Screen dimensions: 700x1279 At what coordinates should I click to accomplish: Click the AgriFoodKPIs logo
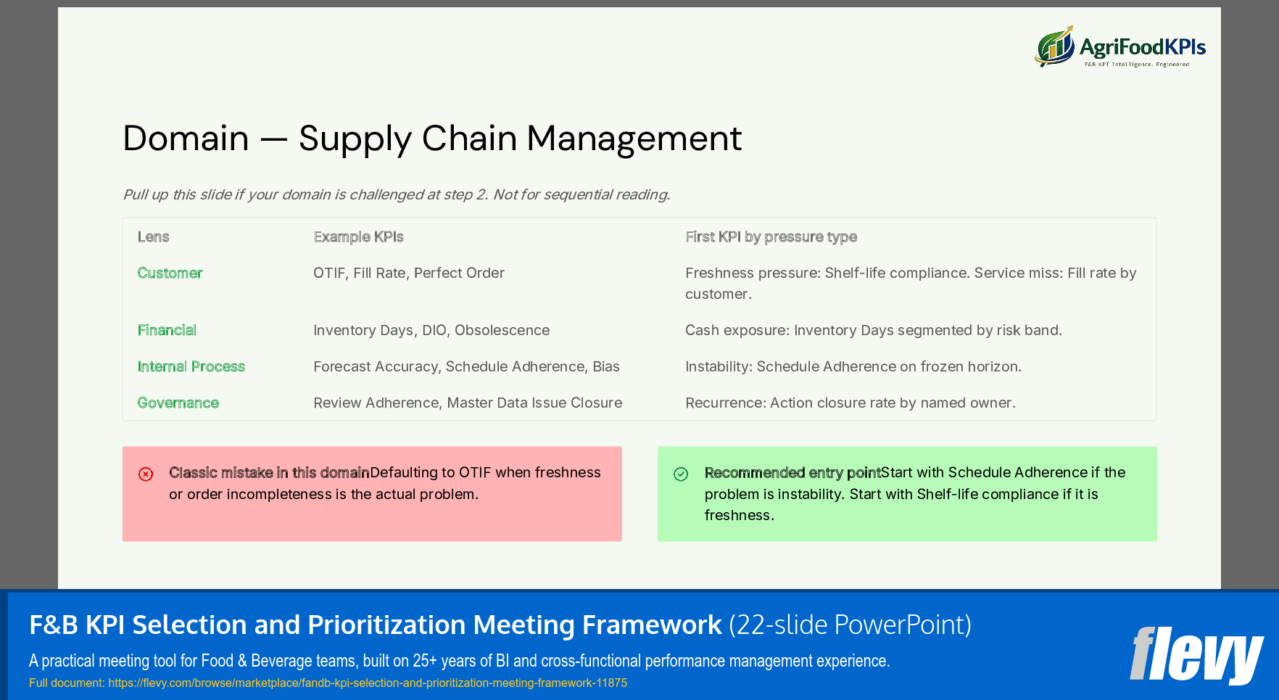point(1119,47)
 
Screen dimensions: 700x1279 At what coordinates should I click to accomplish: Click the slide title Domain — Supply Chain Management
point(432,138)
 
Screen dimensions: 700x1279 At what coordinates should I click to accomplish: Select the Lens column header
point(153,236)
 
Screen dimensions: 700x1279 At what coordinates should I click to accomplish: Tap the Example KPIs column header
point(358,236)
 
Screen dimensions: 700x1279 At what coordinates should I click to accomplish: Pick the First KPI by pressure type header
point(771,236)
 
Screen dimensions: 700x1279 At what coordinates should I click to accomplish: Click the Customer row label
point(170,273)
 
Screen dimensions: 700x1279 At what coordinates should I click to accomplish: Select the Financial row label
point(167,330)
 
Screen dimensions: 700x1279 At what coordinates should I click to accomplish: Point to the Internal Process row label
point(191,366)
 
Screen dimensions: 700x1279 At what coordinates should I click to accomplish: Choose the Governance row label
point(178,403)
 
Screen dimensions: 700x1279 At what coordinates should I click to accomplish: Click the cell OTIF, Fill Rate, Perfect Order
point(409,273)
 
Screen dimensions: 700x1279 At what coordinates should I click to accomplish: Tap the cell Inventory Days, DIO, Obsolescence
point(431,330)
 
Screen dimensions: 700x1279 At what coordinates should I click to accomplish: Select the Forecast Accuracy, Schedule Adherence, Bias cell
point(466,366)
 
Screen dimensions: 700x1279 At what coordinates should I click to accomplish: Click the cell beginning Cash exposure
point(873,330)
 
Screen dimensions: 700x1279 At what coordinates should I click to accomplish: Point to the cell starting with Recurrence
point(850,403)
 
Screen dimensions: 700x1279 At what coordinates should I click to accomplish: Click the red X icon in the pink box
point(146,474)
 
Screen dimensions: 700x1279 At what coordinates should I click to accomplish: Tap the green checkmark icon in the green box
point(681,474)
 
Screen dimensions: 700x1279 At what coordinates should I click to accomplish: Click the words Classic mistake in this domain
point(269,473)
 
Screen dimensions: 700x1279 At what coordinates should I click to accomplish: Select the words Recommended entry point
point(792,473)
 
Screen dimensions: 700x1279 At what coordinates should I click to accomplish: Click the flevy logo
point(1196,654)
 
